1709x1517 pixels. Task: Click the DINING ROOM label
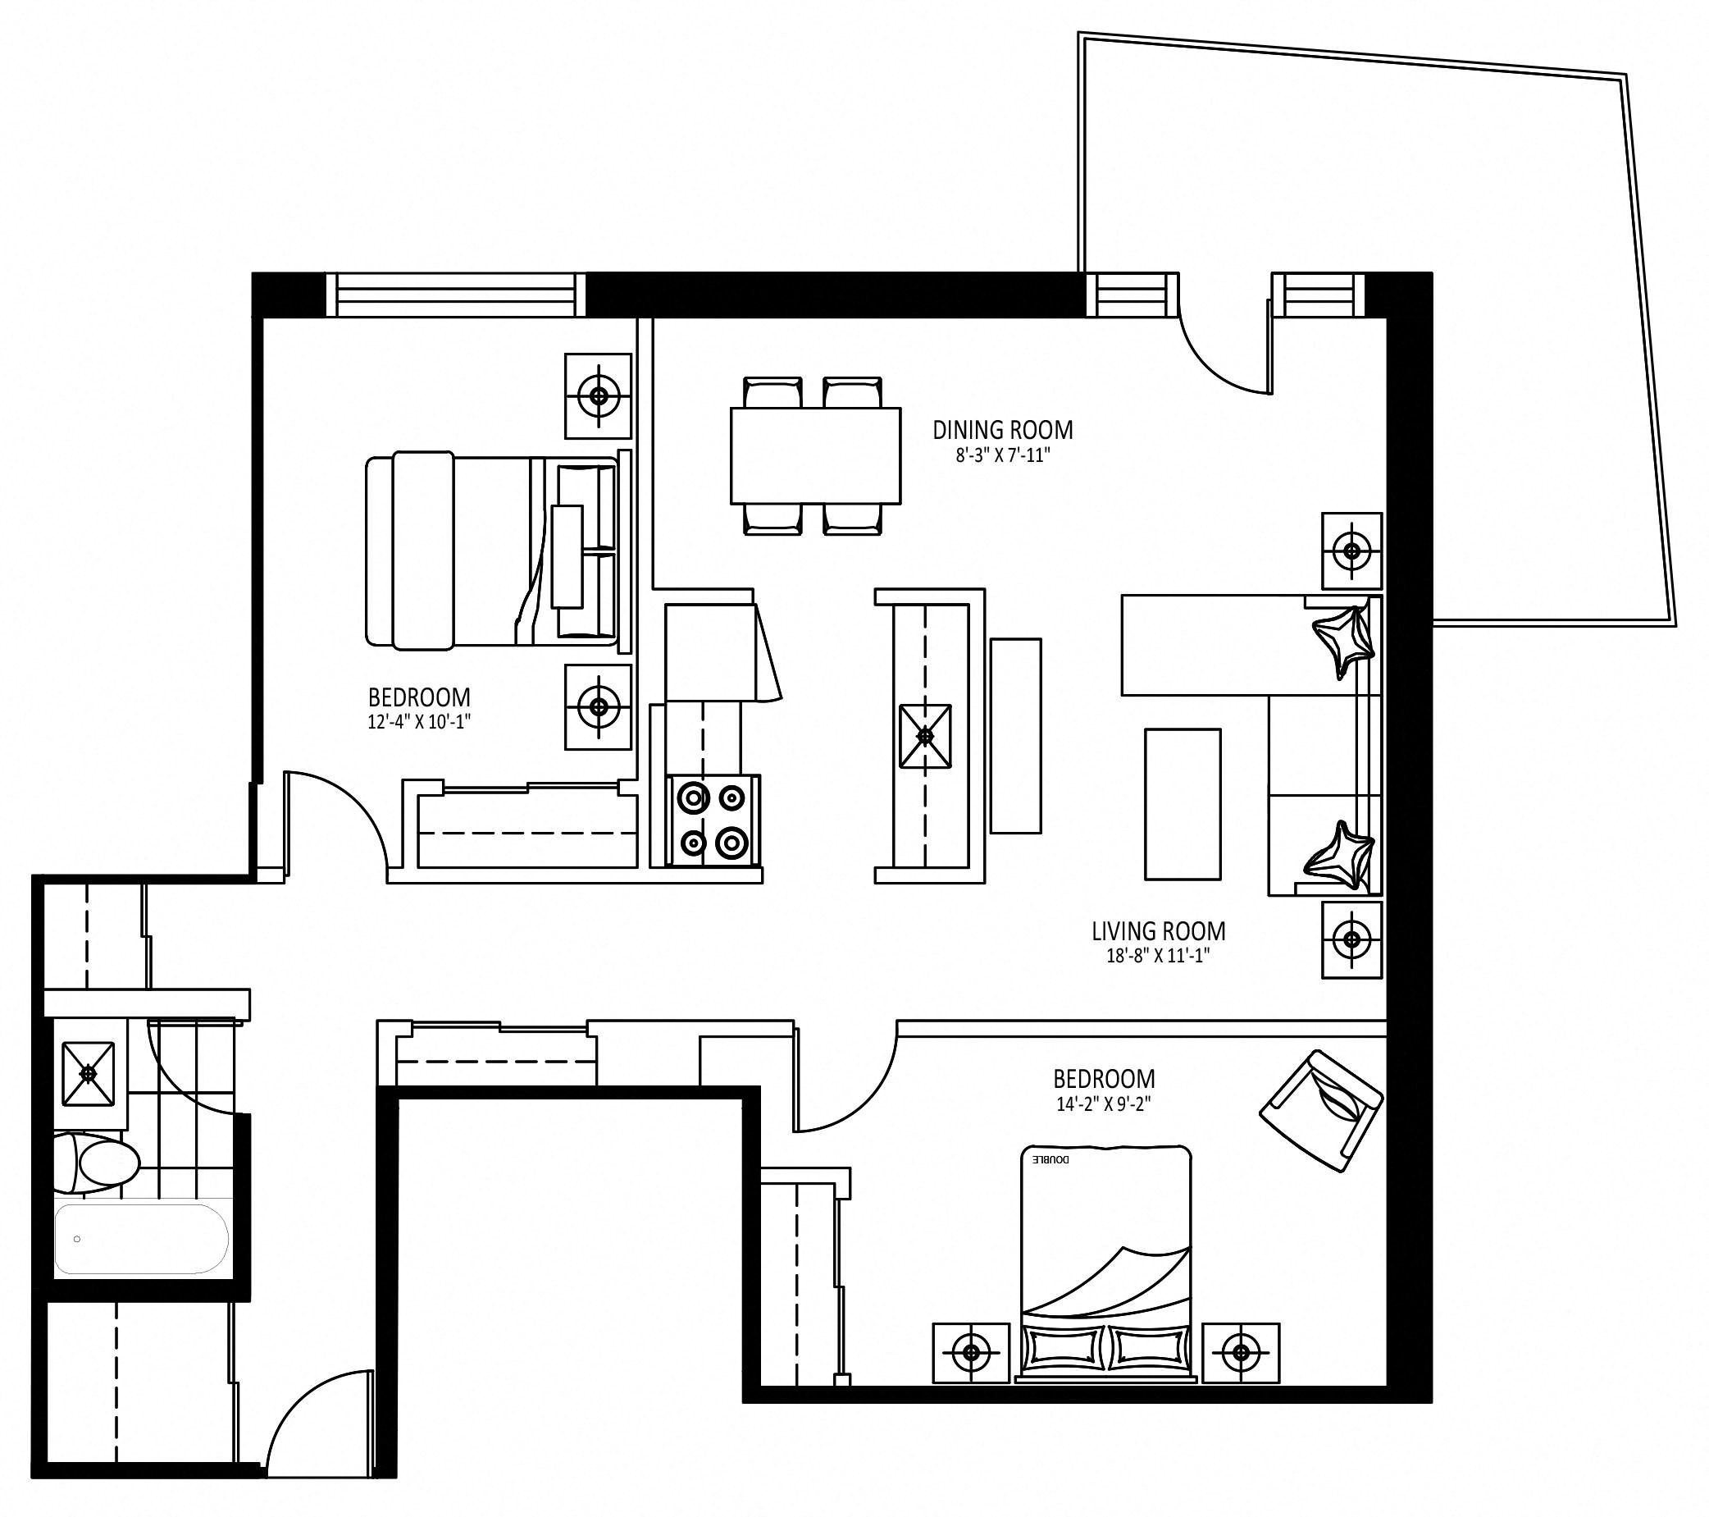pyautogui.click(x=1002, y=430)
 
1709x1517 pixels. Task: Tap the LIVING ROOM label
pyautogui.click(x=1158, y=930)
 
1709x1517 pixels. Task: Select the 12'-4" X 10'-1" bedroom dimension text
pyautogui.click(x=419, y=721)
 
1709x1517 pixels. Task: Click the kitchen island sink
pyautogui.click(x=925, y=736)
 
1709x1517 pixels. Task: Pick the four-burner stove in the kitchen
pyautogui.click(x=713, y=820)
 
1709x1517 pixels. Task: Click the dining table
pyautogui.click(x=815, y=456)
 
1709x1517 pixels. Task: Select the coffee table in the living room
pyautogui.click(x=1183, y=804)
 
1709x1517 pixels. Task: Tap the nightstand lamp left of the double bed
pyautogui.click(x=971, y=1351)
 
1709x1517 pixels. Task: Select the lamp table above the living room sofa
pyautogui.click(x=1351, y=551)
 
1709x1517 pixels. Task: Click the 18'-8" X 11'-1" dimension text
pyautogui.click(x=1158, y=956)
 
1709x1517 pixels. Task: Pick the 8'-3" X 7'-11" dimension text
pyautogui.click(x=1002, y=456)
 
